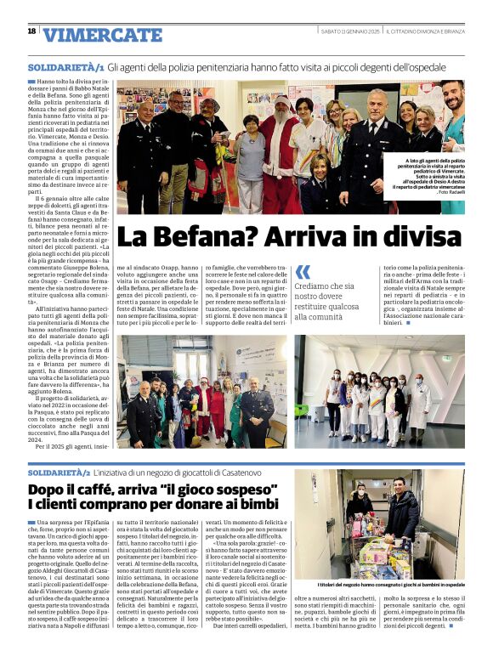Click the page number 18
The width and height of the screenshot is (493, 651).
(31, 31)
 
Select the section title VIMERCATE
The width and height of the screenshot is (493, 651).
(101, 35)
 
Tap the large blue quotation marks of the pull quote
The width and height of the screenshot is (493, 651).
(303, 272)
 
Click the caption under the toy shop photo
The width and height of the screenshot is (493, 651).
(391, 585)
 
